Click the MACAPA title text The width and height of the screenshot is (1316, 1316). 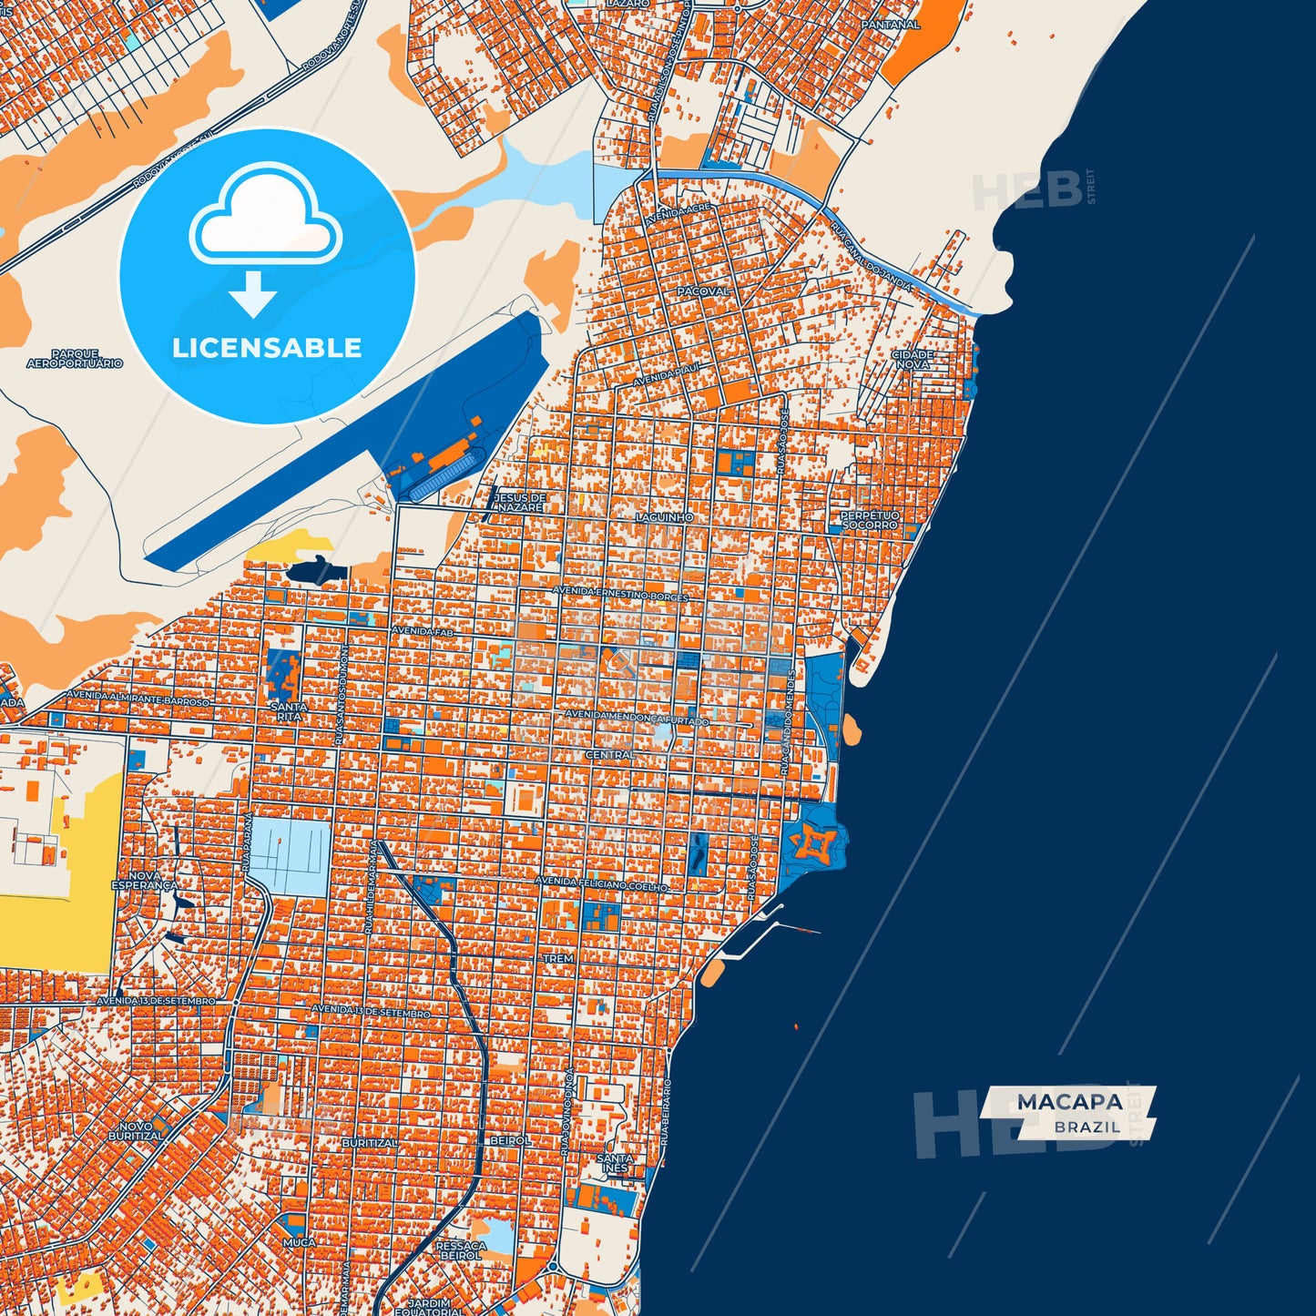click(1069, 1102)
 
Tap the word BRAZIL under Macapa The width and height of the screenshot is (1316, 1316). click(1087, 1127)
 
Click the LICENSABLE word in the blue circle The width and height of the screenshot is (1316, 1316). click(267, 348)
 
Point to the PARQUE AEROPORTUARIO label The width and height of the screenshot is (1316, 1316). click(75, 359)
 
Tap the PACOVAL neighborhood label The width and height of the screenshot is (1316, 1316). click(704, 291)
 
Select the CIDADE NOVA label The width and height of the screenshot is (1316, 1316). click(912, 359)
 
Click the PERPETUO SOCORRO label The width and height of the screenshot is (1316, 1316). click(870, 520)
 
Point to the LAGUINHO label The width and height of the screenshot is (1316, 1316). click(665, 517)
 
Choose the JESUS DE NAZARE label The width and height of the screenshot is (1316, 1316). click(519, 502)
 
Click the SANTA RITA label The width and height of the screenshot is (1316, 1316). click(289, 711)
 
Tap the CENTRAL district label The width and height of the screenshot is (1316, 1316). click(609, 755)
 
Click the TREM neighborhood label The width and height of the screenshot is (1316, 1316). click(558, 959)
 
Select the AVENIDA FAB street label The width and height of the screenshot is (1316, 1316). click(422, 630)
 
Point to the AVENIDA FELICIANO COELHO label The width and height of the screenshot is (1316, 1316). click(601, 883)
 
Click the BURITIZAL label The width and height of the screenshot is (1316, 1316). click(369, 1142)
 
